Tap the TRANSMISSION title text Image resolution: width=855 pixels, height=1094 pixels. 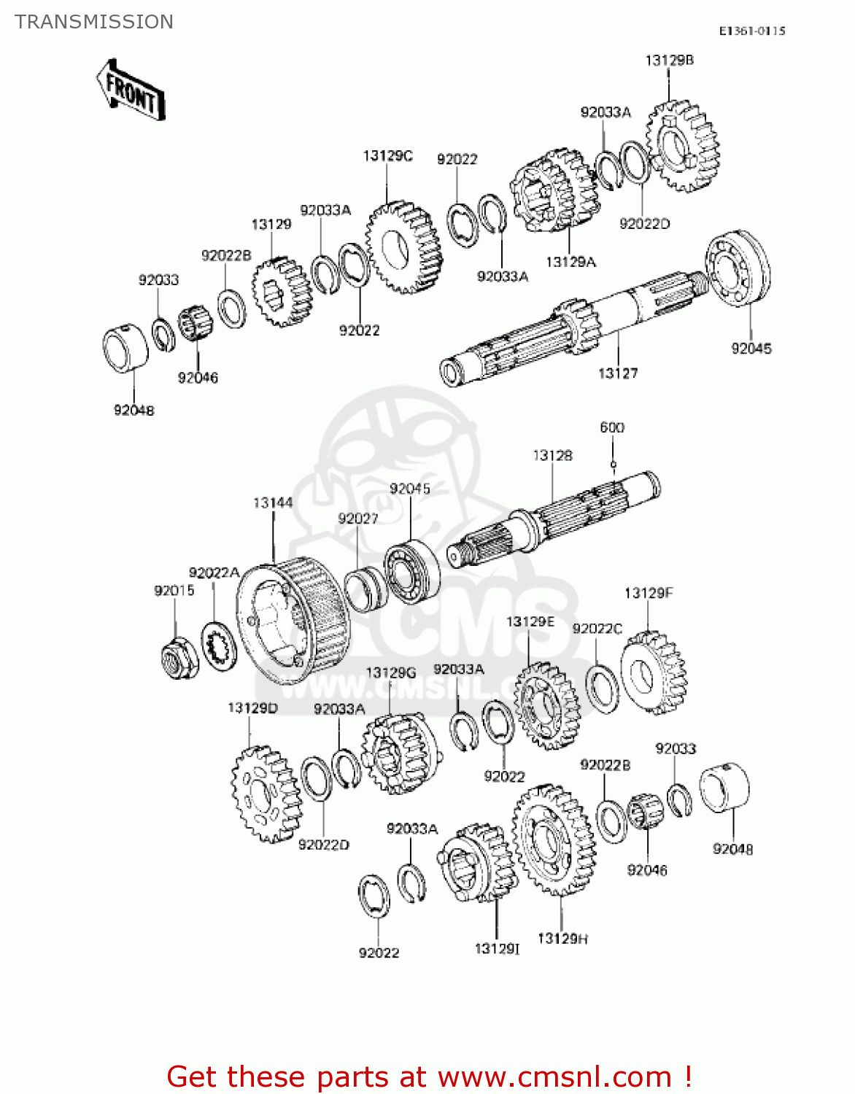click(x=94, y=22)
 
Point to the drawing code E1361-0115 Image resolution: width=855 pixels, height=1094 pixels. click(x=751, y=31)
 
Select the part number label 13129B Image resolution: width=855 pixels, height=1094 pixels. click(x=669, y=61)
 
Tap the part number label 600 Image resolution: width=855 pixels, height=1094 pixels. click(x=612, y=427)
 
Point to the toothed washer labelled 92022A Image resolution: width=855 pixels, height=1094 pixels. click(x=217, y=646)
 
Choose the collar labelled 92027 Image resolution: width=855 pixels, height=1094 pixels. click(x=365, y=588)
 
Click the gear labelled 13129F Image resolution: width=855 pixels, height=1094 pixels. click(x=653, y=672)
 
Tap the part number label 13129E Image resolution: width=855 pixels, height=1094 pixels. click(x=530, y=621)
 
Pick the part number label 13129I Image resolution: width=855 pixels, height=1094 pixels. click(x=497, y=948)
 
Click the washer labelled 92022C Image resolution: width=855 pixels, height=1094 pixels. click(x=603, y=690)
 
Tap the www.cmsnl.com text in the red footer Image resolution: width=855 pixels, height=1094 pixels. click(x=554, y=1077)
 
